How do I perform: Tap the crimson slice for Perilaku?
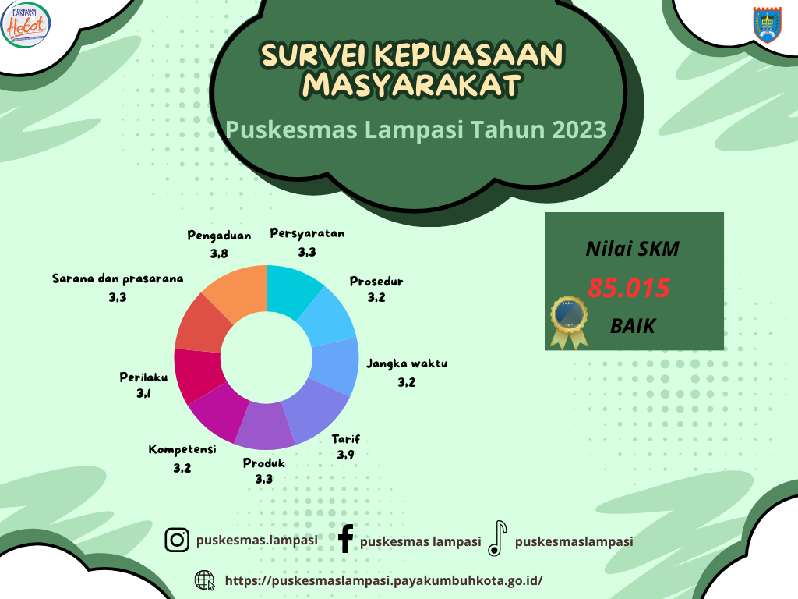point(199,374)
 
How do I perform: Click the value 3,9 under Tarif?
point(345,455)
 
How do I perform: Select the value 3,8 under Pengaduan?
point(219,253)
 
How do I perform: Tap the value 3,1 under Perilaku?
point(143,393)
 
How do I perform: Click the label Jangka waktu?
point(407,363)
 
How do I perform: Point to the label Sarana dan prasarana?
point(118,278)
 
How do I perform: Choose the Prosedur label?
point(376,281)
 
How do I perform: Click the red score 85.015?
point(629,288)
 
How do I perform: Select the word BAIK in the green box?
point(633,326)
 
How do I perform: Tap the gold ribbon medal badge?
point(569,322)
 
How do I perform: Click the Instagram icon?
point(177,540)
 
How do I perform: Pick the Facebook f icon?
point(345,538)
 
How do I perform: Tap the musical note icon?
point(497,538)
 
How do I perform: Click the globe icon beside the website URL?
point(205,580)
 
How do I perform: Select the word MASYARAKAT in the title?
point(411,85)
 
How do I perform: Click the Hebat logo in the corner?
point(26,24)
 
